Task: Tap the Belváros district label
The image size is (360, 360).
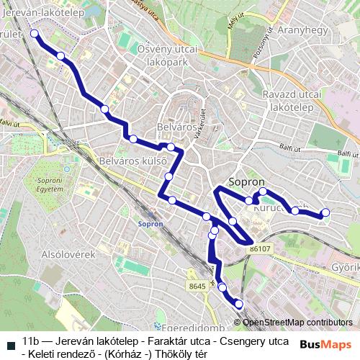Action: (176, 127)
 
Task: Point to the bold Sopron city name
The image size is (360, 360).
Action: (247, 182)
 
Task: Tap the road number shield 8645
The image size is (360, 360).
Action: (197, 287)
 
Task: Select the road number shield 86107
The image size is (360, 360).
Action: (261, 248)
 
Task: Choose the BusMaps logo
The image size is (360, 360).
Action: (325, 343)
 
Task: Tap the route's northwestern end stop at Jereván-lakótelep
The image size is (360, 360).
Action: (33, 33)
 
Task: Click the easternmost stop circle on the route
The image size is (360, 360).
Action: (325, 212)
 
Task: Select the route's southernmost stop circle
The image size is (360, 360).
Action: (238, 304)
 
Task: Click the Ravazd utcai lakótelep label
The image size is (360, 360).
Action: (292, 101)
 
